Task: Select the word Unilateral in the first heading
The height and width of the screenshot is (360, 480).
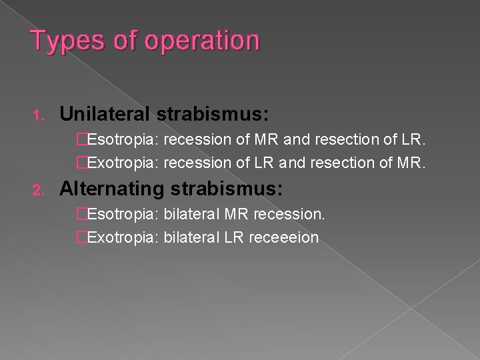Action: coord(105,115)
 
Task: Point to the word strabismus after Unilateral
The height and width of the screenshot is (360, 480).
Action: coord(213,115)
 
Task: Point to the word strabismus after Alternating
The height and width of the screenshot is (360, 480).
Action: coord(227,189)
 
